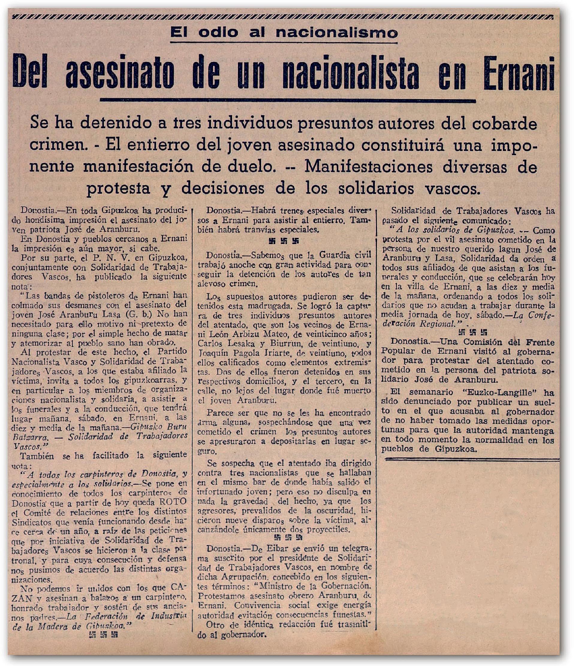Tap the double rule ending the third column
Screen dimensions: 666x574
[472, 460]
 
